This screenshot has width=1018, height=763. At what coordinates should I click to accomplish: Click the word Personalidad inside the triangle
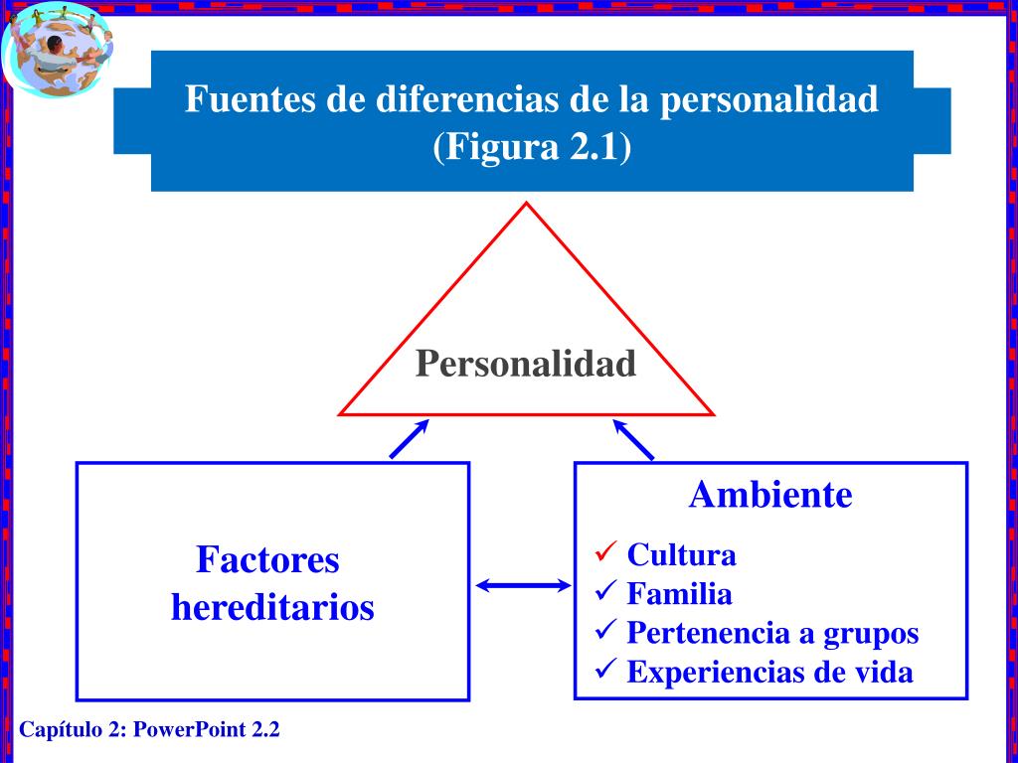coord(525,364)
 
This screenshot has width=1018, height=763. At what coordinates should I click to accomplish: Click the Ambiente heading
coord(770,494)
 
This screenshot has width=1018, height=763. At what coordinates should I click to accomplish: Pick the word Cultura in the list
coord(681,554)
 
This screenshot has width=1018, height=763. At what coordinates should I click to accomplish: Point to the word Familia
coord(679,594)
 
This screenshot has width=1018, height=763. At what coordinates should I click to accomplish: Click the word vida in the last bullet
coord(883,673)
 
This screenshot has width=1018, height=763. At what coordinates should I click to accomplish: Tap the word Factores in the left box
coord(267,560)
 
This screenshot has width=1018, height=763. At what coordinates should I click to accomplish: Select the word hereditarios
coord(272,607)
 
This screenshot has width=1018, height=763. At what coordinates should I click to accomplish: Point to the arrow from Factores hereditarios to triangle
coord(409,439)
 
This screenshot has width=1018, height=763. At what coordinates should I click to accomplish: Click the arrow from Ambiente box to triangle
coord(633,439)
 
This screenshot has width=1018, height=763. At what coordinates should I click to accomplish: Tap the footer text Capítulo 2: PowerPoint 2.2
coord(150,730)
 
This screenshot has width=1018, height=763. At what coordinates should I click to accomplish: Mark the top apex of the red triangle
coord(527,205)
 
